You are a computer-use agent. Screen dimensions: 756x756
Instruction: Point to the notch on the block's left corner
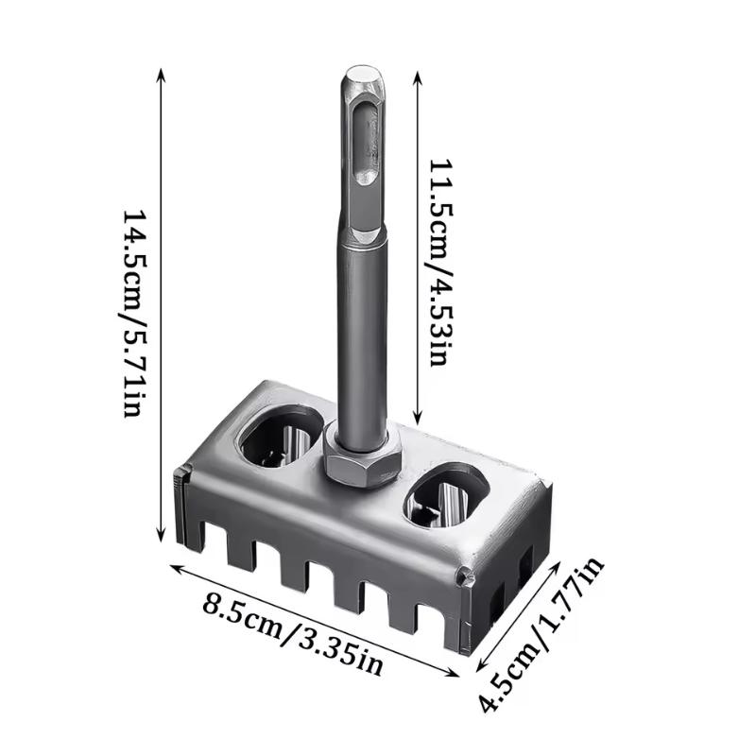pos(180,481)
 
